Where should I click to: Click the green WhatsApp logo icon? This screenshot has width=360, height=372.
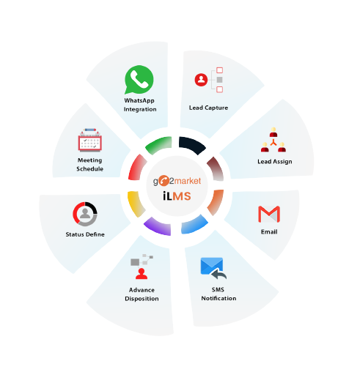point(139,80)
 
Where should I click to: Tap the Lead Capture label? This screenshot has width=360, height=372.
point(208,108)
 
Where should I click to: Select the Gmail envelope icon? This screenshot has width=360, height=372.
point(269,215)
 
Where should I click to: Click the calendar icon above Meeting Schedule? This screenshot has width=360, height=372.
point(90,140)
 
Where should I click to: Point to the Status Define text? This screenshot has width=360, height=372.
point(85,234)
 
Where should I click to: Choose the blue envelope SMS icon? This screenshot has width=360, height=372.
point(213,268)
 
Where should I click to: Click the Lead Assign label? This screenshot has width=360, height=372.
point(275,162)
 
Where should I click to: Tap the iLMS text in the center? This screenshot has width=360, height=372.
point(177,196)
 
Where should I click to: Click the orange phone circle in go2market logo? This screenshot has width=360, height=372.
point(164,181)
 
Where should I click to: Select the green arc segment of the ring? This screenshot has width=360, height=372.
point(159,145)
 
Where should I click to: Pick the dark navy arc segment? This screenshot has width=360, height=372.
point(193,144)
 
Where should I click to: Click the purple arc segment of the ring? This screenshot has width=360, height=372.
point(158,227)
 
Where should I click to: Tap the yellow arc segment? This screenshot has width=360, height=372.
point(136,204)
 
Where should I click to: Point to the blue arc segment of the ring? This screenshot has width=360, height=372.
point(194,225)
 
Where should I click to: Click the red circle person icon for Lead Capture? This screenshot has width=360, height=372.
point(201,80)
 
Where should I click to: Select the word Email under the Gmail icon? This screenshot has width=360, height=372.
point(269,231)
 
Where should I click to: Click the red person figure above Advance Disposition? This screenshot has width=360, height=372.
point(142,274)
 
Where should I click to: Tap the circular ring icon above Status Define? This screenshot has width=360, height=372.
point(85,214)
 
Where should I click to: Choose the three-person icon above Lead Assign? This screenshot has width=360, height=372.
point(273,140)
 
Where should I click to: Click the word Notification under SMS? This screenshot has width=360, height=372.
point(218,298)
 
